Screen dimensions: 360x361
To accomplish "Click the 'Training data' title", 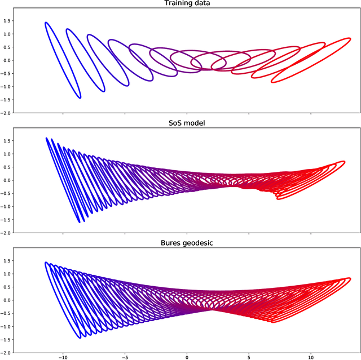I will coord(187,4).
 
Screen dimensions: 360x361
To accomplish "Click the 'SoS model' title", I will coord(187,124).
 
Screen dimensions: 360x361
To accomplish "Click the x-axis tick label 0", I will coord(187,355).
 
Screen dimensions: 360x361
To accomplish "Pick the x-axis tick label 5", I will coord(249,355).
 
